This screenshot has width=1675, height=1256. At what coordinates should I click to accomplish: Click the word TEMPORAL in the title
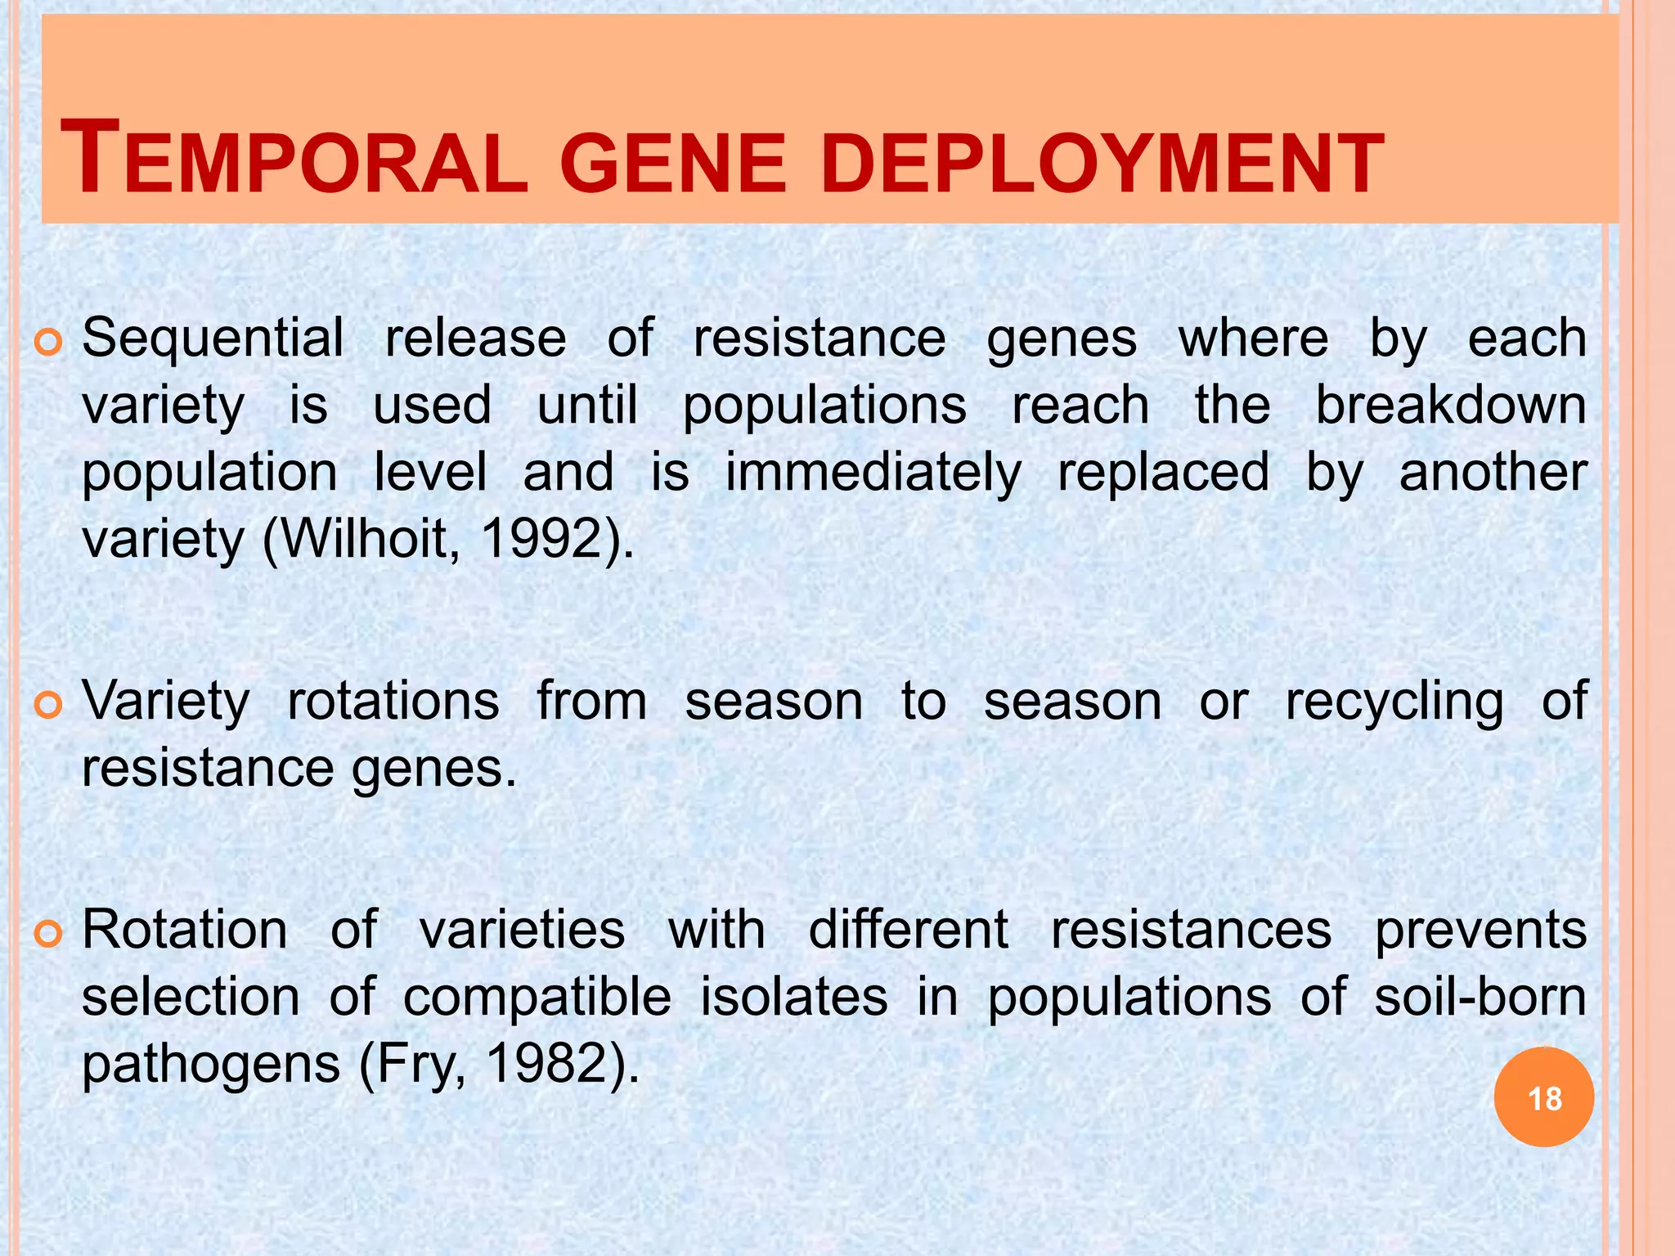click(294, 159)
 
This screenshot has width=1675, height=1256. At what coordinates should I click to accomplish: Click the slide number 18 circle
click(1543, 1097)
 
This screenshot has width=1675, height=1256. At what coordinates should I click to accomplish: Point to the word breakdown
click(1450, 405)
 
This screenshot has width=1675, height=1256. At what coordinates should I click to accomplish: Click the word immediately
click(873, 473)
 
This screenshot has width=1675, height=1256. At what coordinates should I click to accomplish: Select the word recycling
click(1394, 702)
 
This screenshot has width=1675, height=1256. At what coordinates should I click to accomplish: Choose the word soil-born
click(1480, 997)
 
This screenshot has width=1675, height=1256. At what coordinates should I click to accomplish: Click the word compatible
click(537, 998)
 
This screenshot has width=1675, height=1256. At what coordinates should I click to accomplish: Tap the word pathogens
click(211, 1065)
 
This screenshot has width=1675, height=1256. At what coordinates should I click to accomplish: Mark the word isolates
click(793, 997)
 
